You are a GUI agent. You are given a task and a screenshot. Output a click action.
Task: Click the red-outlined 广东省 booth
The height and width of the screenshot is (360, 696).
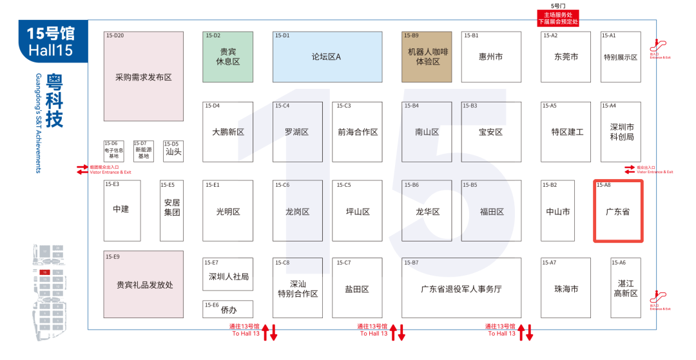coord(618,211)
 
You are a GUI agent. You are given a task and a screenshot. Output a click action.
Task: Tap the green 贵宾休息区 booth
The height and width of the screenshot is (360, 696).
coord(228,57)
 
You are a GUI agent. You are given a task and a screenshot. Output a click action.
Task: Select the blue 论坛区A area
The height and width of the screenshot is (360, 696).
coord(326,57)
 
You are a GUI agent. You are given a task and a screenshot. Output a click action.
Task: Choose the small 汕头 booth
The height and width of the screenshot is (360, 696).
coord(173,152)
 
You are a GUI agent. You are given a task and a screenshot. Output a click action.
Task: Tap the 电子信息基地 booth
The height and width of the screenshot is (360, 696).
coord(114,152)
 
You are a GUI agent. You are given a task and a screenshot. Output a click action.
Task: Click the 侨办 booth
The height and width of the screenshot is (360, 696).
coord(228,310)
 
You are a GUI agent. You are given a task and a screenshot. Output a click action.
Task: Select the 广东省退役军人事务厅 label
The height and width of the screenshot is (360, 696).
coord(461,289)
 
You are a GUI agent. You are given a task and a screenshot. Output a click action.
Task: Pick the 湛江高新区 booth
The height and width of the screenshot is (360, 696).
coord(626,288)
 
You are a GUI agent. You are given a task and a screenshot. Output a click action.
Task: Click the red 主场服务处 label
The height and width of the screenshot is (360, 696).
coord(558,14)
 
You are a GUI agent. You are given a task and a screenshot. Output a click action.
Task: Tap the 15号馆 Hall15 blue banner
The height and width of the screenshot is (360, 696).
coord(51,41)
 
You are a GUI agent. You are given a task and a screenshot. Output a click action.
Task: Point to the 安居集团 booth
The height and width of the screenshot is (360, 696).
coord(172,211)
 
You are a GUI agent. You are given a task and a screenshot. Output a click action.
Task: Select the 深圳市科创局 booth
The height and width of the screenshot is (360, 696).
coord(621,131)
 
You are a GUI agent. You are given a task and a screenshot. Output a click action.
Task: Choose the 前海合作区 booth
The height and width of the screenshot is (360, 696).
coord(358,132)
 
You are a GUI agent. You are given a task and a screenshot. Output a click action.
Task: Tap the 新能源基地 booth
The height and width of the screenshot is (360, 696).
coord(144,152)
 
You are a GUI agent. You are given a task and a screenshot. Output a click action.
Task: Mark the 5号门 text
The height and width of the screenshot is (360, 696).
coord(558,5)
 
